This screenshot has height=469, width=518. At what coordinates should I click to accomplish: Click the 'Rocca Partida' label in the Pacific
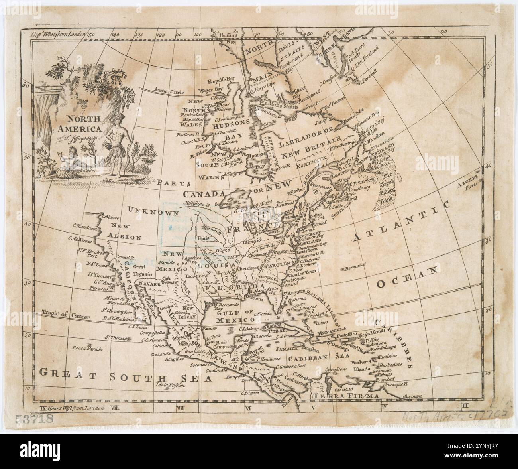tap(87, 349)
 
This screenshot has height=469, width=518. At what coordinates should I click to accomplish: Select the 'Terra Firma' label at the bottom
tap(343, 395)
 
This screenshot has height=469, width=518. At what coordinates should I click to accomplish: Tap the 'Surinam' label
tap(423, 396)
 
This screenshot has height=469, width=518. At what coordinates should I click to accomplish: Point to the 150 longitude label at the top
tap(91, 35)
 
